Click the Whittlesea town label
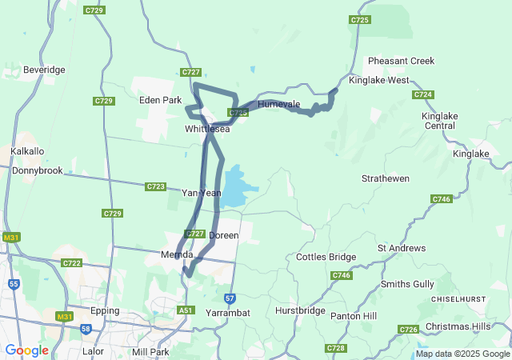point(207,129)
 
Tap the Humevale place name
point(278,105)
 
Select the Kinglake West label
point(379,81)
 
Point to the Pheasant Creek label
point(401,61)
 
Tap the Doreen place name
point(223,236)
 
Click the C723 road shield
point(155,186)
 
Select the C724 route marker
point(423,94)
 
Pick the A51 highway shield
point(186,310)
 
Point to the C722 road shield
point(72,263)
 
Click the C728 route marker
point(336,348)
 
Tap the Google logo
point(26,350)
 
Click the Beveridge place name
point(44,70)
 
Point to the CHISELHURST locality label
point(459,298)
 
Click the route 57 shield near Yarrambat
point(230,298)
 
